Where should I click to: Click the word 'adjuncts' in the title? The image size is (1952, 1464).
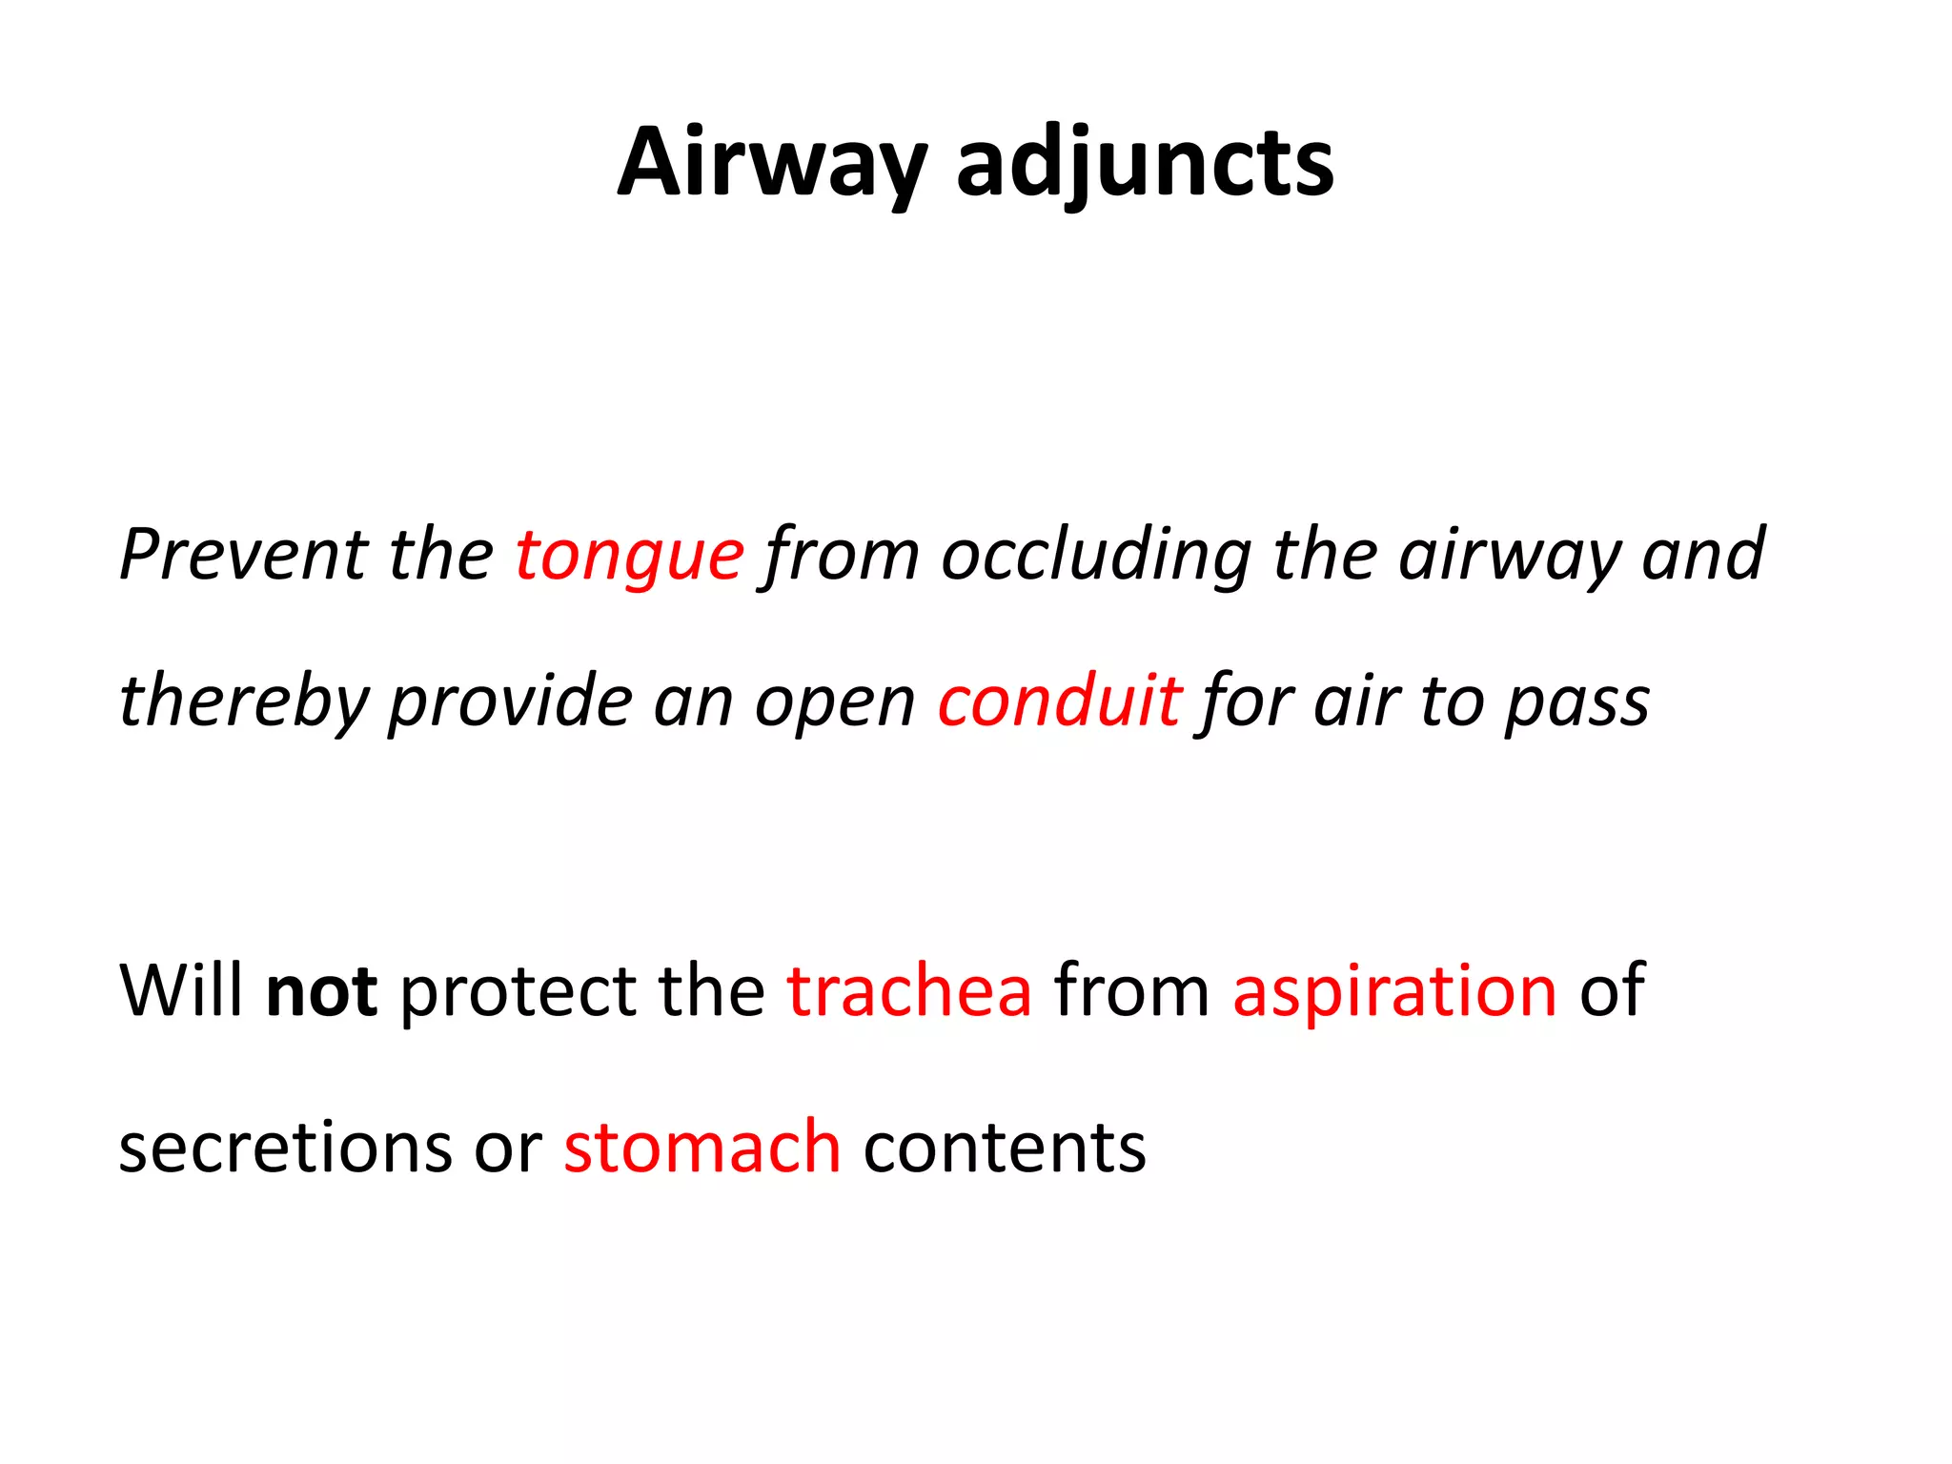pos(1144,164)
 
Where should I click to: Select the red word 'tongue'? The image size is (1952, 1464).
pos(629,555)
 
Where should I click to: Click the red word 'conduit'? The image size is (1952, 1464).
pos(1060,701)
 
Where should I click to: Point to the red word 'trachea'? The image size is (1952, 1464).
pos(909,991)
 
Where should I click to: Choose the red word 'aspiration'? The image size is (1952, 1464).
pos(1394,991)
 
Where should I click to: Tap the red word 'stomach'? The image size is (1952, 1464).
pos(702,1147)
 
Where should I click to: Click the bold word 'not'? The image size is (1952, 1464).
pos(321,991)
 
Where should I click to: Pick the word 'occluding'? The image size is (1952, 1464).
pos(1096,555)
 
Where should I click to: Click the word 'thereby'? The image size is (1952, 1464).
pos(243,701)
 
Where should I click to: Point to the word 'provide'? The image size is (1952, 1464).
pos(511,701)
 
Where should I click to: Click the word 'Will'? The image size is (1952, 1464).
pos(180,991)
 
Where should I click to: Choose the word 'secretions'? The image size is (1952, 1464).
pos(285,1147)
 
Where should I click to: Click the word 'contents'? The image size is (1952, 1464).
pos(1005,1147)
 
